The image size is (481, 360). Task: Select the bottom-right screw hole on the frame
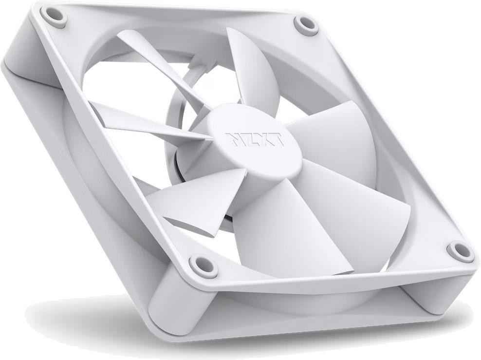(x=460, y=249)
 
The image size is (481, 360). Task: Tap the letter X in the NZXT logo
(x=263, y=139)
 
